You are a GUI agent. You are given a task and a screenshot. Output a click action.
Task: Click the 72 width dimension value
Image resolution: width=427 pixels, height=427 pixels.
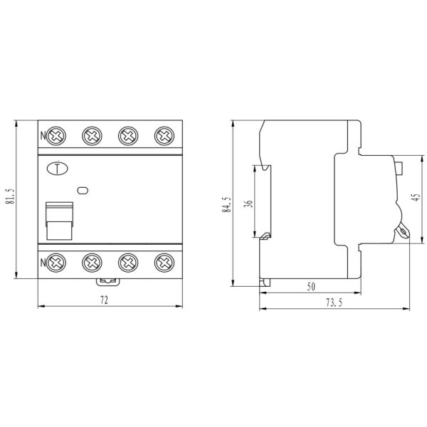tap(104, 301)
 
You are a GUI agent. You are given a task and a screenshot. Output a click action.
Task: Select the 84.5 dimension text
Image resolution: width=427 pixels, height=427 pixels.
tap(227, 204)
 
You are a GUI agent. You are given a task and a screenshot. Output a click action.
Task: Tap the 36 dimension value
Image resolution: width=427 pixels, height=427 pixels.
tap(248, 204)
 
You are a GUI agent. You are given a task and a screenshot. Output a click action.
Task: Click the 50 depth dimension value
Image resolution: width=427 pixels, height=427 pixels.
tap(311, 287)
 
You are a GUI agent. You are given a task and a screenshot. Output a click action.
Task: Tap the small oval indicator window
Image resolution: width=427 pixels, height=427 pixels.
tap(83, 190)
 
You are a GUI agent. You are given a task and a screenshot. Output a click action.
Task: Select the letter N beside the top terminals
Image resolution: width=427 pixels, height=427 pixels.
tap(43, 135)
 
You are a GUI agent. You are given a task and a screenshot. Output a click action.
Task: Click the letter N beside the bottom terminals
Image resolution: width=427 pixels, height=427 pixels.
tap(43, 262)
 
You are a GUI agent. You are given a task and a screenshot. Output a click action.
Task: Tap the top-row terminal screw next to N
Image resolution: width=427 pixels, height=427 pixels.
tap(56, 135)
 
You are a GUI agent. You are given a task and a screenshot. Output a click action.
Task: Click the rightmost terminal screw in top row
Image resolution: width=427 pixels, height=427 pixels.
tap(164, 135)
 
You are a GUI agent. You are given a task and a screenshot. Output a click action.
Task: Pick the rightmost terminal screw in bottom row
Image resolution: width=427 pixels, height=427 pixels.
tap(164, 262)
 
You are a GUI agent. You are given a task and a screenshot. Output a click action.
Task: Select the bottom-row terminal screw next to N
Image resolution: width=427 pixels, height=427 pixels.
tap(56, 262)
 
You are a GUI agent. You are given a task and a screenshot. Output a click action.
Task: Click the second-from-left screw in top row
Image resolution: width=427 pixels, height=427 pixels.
tap(92, 135)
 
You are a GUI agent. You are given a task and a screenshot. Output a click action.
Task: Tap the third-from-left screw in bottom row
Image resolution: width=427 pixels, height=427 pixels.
tap(128, 262)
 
